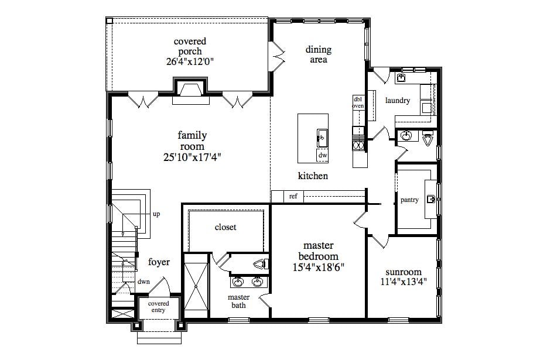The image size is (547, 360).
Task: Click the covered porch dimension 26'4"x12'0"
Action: pyautogui.click(x=190, y=61)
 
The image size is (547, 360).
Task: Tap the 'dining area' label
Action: pyautogui.click(x=318, y=54)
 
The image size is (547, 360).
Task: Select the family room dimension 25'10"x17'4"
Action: pyautogui.click(x=192, y=157)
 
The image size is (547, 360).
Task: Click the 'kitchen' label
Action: pyautogui.click(x=313, y=176)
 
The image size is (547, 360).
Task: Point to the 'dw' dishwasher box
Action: pyautogui.click(x=322, y=156)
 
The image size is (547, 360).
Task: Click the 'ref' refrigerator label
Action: pyautogui.click(x=293, y=197)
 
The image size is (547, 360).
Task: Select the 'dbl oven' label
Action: pyautogui.click(x=358, y=102)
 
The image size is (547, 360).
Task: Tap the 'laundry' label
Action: pyautogui.click(x=397, y=101)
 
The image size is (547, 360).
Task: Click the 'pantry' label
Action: pyautogui.click(x=409, y=200)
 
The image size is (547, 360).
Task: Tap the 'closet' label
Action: pyautogui.click(x=225, y=227)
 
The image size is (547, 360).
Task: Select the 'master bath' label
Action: pyautogui.click(x=238, y=301)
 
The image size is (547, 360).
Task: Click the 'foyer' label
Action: pyautogui.click(x=159, y=262)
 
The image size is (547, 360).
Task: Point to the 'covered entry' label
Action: pyautogui.click(x=158, y=307)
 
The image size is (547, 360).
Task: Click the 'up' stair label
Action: pyautogui.click(x=156, y=214)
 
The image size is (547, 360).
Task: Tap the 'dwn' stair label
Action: pyautogui.click(x=143, y=282)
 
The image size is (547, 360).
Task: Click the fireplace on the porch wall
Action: pyautogui.click(x=191, y=92)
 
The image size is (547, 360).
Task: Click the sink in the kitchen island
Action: pyautogui.click(x=322, y=138)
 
